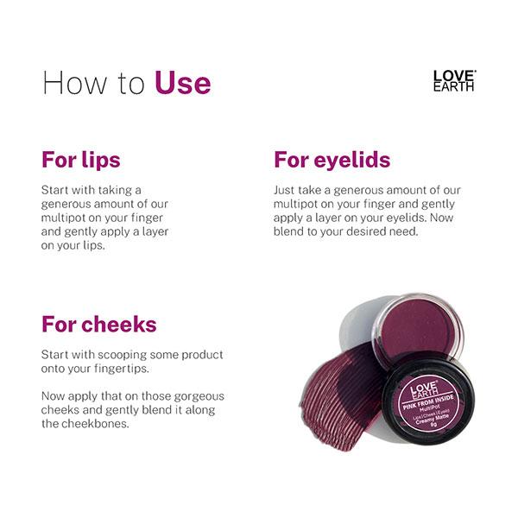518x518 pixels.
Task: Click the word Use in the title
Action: [182, 84]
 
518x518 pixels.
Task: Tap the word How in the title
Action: [70, 84]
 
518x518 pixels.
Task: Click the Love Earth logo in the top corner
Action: [454, 81]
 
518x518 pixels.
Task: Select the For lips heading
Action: [80, 161]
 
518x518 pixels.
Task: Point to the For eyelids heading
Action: [332, 161]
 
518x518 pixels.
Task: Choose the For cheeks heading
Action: [99, 325]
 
